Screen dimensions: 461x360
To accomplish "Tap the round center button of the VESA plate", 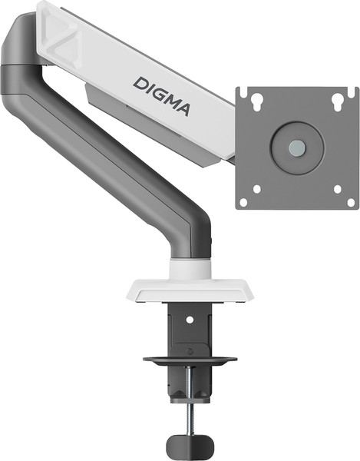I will [296, 148].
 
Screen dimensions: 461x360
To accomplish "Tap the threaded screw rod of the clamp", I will [189, 411].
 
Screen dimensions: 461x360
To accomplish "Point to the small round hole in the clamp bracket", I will [189, 315].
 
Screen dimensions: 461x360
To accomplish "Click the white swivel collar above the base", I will [189, 268].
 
